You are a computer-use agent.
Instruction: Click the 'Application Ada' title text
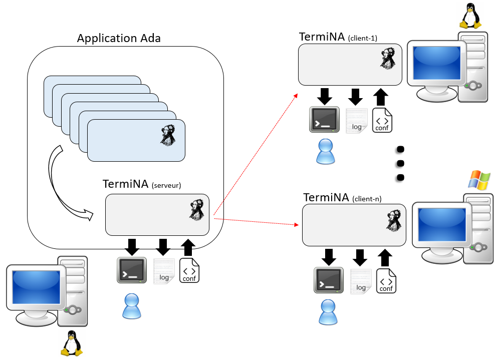[x=119, y=39]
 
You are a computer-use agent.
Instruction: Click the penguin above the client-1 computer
[x=470, y=16]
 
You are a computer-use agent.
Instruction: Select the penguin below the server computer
[x=71, y=344]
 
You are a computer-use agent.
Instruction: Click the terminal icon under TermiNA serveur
[x=132, y=270]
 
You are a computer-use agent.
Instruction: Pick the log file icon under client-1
[x=356, y=121]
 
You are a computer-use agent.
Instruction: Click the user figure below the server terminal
[x=132, y=306]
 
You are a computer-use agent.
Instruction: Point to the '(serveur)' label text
[x=166, y=185]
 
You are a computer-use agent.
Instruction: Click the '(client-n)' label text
[x=367, y=199]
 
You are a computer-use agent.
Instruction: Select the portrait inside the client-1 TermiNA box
[x=388, y=60]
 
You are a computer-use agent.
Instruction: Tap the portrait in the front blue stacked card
[x=167, y=135]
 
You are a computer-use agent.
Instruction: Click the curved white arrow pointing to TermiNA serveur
[x=63, y=185]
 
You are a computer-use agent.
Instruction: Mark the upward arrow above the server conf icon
[x=188, y=247]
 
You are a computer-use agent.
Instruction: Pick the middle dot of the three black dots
[x=400, y=163]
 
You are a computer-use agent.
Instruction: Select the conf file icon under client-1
[x=382, y=120]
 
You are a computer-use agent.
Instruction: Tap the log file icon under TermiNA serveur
[x=163, y=271]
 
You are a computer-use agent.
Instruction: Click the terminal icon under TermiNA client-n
[x=329, y=280]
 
